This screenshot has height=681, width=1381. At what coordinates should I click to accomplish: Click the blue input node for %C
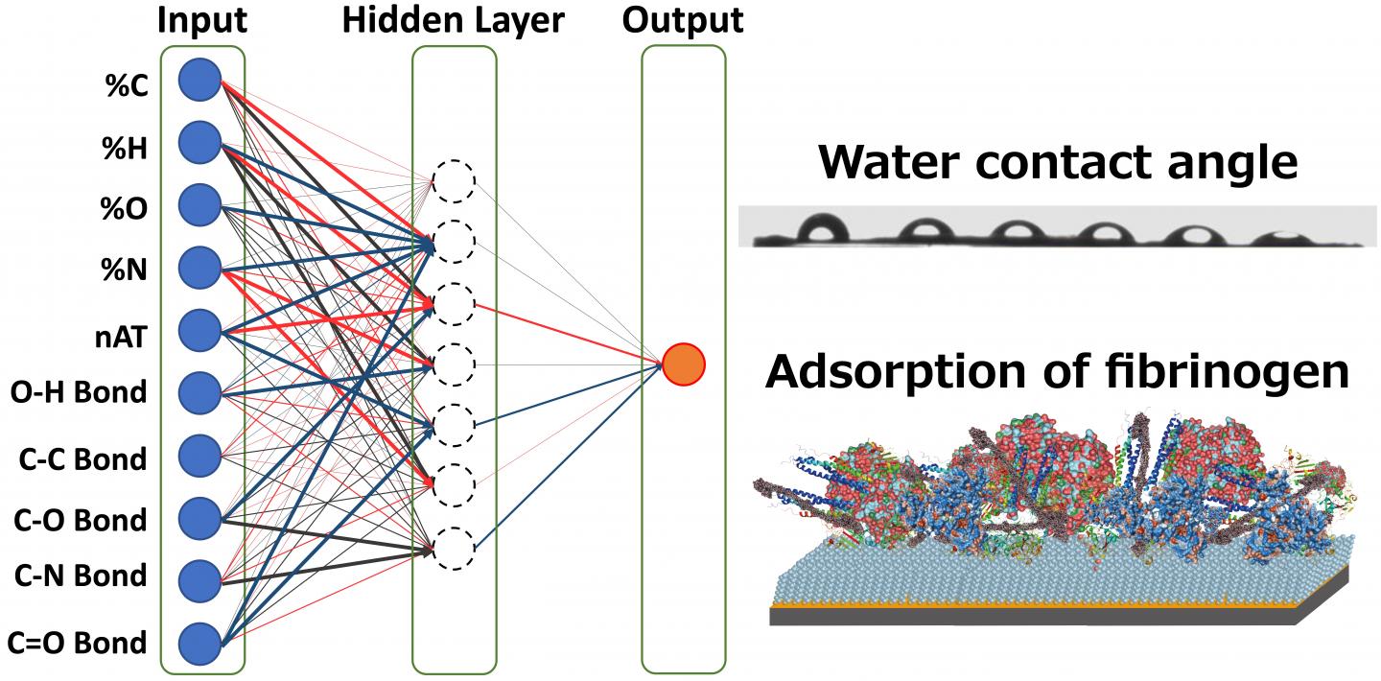199,80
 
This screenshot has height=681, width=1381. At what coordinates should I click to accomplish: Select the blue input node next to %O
199,205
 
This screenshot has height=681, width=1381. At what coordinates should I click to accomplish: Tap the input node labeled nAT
199,331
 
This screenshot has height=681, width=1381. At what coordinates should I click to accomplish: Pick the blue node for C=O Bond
199,644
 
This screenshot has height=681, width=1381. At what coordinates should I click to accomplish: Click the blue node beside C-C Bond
199,456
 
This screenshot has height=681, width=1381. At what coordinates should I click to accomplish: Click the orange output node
684,364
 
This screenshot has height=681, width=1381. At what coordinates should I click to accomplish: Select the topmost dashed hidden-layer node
454,181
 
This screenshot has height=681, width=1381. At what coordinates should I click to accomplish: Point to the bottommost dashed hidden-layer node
454,549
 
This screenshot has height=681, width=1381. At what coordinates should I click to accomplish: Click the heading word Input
202,19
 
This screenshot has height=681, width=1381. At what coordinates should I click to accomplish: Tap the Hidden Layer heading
454,19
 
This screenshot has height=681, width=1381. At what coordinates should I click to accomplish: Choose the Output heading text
684,19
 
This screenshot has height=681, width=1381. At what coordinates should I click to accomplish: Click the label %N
126,271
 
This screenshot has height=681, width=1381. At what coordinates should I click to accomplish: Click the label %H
126,149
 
